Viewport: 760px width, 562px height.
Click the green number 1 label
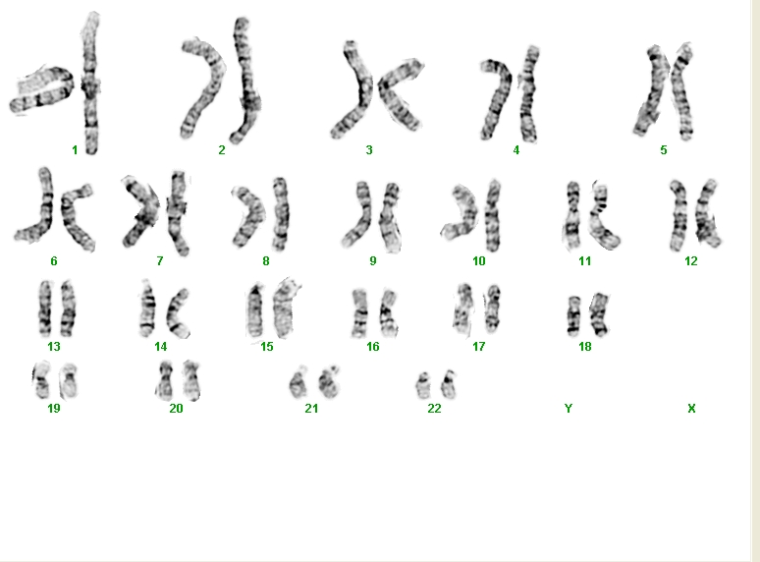(75, 150)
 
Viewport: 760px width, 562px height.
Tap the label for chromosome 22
(434, 409)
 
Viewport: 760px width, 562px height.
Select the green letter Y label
(569, 409)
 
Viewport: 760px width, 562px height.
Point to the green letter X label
(691, 409)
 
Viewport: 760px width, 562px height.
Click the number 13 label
(54, 347)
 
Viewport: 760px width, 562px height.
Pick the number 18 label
(585, 347)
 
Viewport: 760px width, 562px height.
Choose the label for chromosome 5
(664, 150)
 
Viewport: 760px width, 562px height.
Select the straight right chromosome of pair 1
(90, 83)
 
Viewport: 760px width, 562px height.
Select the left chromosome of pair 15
(255, 311)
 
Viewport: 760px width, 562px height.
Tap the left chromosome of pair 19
(41, 380)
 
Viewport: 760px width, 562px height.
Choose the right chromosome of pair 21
(329, 382)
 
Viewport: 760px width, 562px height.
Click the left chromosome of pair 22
(423, 386)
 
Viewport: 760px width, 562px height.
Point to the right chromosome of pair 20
(191, 381)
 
